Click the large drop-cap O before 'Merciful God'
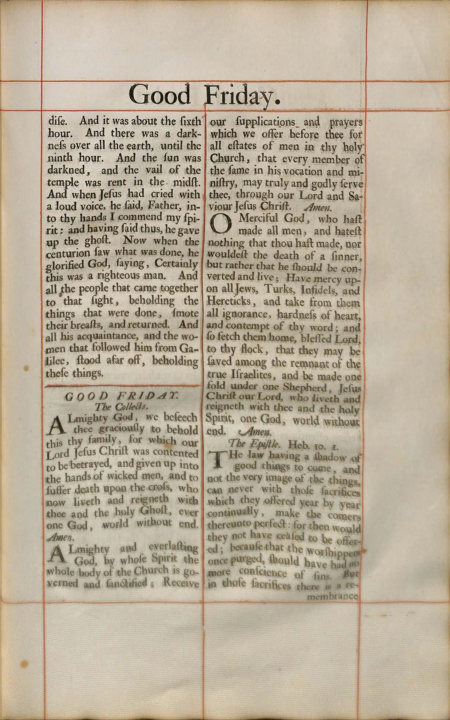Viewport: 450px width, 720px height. tap(221, 224)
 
